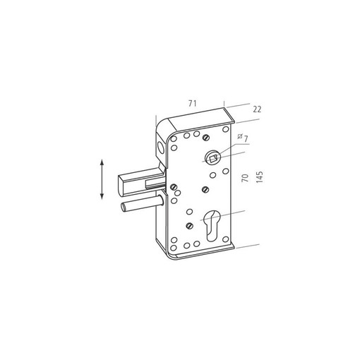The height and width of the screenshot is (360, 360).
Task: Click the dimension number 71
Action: (192, 103)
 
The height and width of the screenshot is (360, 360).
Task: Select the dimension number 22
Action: (257, 109)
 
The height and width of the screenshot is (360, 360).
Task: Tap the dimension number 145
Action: (259, 177)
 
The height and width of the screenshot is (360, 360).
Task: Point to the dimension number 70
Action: (245, 178)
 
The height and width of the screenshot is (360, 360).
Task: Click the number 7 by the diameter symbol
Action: (246, 139)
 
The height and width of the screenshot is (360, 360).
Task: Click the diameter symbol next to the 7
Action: (240, 136)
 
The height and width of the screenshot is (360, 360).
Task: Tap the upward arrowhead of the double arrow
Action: (102, 162)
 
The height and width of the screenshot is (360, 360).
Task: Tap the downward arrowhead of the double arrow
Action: (102, 196)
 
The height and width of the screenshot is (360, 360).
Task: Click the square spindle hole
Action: (213, 159)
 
